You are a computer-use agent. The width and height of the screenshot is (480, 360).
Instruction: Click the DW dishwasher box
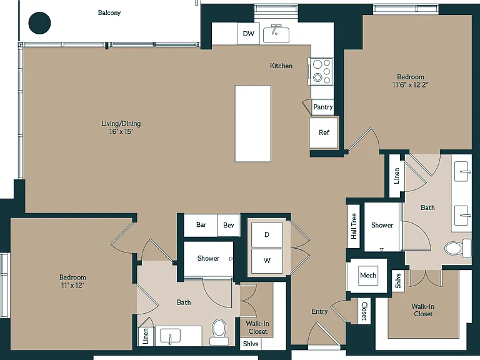249,34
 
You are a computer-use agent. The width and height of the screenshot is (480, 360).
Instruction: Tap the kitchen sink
276,35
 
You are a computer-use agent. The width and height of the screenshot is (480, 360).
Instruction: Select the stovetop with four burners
321,72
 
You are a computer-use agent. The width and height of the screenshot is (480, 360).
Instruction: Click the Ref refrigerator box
324,132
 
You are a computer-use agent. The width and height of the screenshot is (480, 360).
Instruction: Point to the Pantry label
322,107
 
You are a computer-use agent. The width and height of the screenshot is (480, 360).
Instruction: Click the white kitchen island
253,123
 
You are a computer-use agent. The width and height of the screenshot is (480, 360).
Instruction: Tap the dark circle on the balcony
39,23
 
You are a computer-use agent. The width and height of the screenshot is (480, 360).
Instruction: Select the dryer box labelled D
267,235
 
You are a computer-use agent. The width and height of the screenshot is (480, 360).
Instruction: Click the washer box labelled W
267,261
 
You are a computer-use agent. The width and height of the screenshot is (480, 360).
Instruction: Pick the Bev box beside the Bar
228,225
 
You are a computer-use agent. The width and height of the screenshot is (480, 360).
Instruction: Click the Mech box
368,275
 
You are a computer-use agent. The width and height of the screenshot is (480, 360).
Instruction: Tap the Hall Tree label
354,226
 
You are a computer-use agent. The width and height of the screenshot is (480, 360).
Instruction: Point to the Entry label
319,311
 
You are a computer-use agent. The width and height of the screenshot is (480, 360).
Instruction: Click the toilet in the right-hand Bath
458,248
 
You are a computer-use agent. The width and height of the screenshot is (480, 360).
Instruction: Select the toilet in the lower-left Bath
219,332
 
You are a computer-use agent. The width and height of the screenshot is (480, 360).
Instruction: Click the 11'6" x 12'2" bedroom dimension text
410,85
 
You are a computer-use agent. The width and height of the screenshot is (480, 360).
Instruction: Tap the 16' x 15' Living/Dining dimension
121,132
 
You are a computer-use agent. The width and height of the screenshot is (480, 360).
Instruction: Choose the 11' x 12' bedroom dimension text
72,285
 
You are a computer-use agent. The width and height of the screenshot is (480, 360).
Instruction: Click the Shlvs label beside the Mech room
398,281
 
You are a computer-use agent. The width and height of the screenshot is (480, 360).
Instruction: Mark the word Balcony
109,13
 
